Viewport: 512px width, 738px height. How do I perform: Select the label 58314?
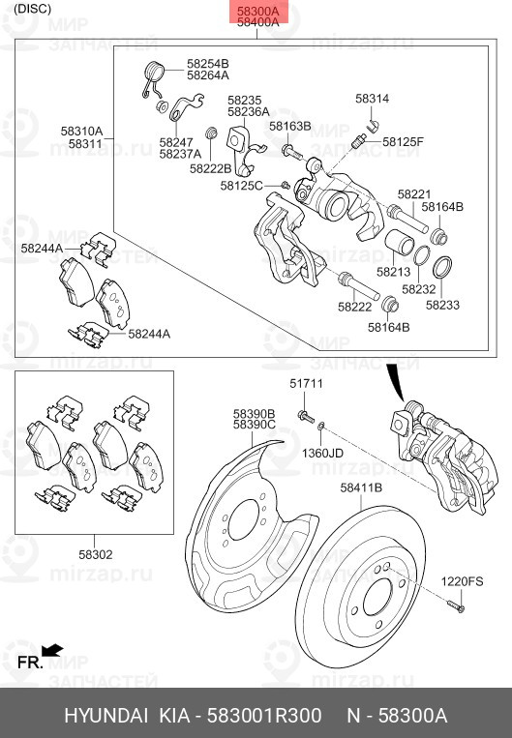tap(372, 99)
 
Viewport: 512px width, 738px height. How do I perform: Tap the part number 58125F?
tap(403, 141)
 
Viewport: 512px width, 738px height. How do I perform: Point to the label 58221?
tap(413, 194)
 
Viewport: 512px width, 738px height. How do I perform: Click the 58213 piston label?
tap(395, 273)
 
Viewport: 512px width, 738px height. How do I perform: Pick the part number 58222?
tap(354, 307)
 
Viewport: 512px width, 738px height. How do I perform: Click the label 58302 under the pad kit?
tap(95, 554)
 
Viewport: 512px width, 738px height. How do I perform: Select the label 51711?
tap(305, 385)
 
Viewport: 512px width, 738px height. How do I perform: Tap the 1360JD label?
tap(322, 453)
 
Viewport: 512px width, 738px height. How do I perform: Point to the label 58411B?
tap(360, 487)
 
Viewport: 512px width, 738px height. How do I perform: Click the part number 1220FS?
tap(463, 580)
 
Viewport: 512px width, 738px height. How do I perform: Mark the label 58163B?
tap(290, 126)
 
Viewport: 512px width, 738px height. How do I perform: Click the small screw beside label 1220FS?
tap(457, 606)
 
